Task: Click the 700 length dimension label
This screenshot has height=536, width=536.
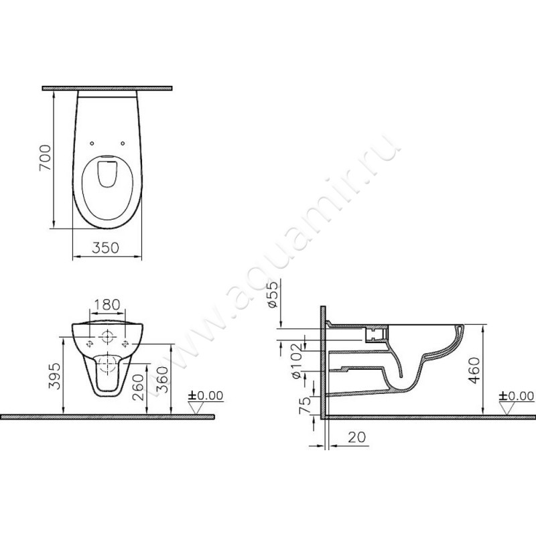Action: tap(45, 157)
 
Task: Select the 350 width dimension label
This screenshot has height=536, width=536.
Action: tap(106, 248)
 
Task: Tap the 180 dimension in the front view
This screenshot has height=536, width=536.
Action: tap(107, 305)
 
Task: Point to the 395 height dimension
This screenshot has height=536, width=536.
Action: tap(55, 376)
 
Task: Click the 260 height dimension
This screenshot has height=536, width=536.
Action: tap(138, 387)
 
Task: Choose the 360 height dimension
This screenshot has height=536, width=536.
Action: tap(161, 380)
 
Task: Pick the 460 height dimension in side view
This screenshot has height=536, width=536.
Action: tap(474, 371)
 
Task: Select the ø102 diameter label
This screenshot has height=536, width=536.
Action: tap(296, 360)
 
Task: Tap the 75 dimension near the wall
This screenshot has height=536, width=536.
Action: tap(305, 405)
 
